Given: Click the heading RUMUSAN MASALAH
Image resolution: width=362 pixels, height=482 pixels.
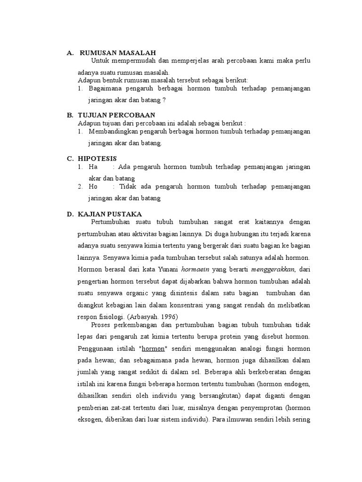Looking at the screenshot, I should point(117,53).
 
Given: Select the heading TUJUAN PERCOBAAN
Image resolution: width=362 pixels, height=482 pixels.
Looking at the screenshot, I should point(116,115).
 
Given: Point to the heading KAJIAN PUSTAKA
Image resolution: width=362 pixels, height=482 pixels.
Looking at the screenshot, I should point(110,214).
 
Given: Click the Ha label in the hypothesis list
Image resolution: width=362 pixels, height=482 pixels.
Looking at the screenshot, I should point(93,167).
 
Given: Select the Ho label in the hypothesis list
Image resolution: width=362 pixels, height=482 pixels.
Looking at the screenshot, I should point(93,187).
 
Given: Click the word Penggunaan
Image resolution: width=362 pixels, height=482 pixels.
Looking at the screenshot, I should point(95,349).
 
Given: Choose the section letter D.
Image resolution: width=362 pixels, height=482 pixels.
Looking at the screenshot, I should point(69,214).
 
